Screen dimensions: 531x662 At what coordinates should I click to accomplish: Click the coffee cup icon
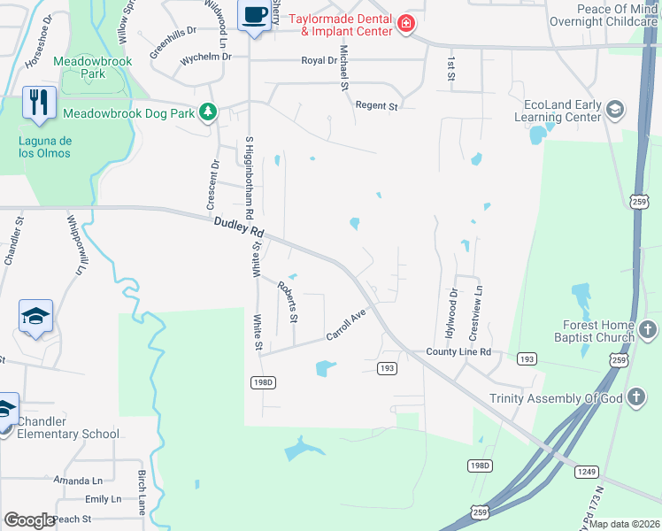(x=255, y=15)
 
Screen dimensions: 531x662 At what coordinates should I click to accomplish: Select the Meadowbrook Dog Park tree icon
(x=208, y=112)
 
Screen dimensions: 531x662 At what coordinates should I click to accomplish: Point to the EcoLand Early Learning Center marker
(x=615, y=110)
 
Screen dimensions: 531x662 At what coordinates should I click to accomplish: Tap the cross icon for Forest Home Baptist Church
(x=647, y=331)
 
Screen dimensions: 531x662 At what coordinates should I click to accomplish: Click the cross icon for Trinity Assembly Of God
(x=635, y=397)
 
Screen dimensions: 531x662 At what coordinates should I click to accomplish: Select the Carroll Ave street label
(x=345, y=326)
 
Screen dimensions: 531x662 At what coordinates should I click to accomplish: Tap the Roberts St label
(x=289, y=301)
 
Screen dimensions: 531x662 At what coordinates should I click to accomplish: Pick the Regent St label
(x=376, y=106)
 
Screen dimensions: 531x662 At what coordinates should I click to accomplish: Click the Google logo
(x=29, y=520)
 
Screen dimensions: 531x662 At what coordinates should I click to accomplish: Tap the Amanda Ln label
(x=78, y=481)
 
